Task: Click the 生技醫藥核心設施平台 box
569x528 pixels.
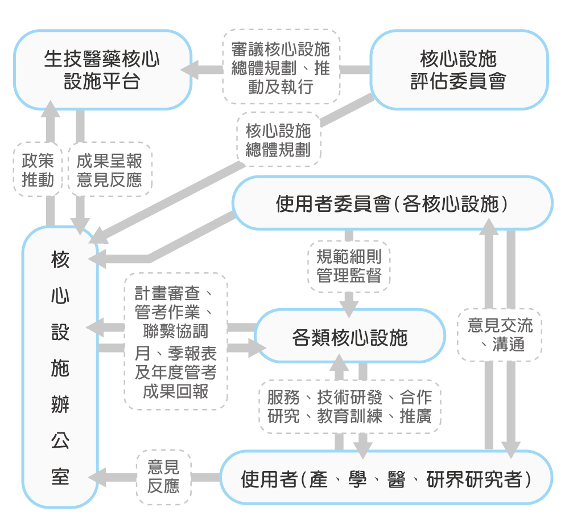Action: [x=102, y=69]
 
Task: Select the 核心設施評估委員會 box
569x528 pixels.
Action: [x=459, y=69]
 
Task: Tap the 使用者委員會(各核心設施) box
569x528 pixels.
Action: [x=393, y=203]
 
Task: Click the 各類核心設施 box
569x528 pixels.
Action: [x=349, y=337]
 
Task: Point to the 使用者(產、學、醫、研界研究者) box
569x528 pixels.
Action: [x=386, y=478]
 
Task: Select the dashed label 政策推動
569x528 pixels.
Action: [x=38, y=169]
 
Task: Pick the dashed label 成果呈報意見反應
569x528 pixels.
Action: [x=109, y=169]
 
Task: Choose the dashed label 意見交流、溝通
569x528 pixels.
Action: [x=500, y=334]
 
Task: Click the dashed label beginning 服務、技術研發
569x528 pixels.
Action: [x=350, y=407]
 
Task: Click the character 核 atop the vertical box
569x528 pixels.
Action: [x=60, y=260]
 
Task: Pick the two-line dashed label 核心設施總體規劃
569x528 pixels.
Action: [x=278, y=140]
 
